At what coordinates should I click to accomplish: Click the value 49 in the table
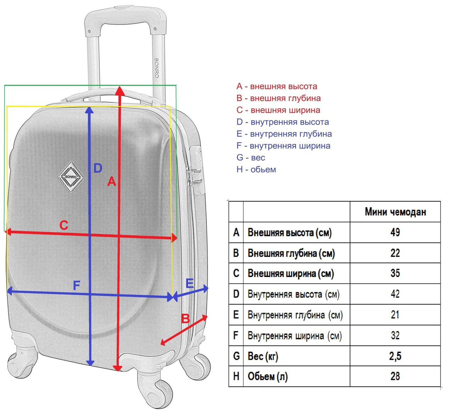[x=395, y=232]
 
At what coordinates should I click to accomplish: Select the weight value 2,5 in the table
[x=395, y=356]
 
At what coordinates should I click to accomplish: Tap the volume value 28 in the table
[x=395, y=376]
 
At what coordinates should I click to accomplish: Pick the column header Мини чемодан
[x=395, y=212]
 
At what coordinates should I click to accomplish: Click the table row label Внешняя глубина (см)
[x=291, y=253]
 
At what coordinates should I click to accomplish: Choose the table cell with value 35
[x=395, y=273]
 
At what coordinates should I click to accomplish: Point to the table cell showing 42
[x=395, y=294]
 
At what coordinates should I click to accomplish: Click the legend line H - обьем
[x=256, y=169]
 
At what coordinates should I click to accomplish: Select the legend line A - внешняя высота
[x=277, y=86]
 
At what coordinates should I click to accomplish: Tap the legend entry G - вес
[x=251, y=158]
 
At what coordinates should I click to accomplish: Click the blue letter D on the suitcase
[x=98, y=168]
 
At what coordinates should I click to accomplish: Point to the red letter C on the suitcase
[x=63, y=225]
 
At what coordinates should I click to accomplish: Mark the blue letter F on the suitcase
[x=76, y=285]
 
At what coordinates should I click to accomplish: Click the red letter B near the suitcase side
[x=185, y=319]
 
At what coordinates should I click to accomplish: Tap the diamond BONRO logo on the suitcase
[x=71, y=177]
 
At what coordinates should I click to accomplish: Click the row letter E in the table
[x=236, y=315]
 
